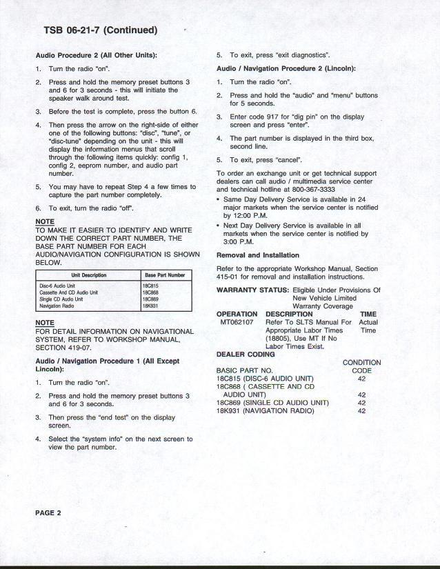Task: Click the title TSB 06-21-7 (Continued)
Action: tap(100, 30)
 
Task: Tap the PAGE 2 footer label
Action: tap(48, 513)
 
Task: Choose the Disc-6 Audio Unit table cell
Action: tap(57, 286)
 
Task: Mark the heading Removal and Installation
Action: tap(258, 255)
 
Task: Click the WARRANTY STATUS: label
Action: tap(252, 290)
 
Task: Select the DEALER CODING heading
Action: tap(246, 355)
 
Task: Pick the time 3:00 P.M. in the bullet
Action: tap(240, 242)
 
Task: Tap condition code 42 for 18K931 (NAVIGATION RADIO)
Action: tap(361, 411)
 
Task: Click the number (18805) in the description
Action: tap(280, 339)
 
